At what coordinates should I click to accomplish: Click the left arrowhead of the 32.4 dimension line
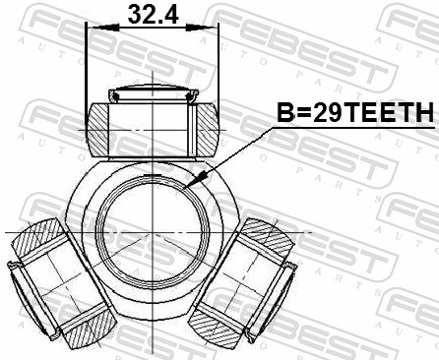pyautogui.click(x=92, y=29)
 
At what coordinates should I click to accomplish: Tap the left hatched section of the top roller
pyautogui.click(x=99, y=127)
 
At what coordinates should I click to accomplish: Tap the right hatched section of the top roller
pyautogui.click(x=206, y=127)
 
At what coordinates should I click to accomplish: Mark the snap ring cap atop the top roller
pyautogui.click(x=153, y=95)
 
